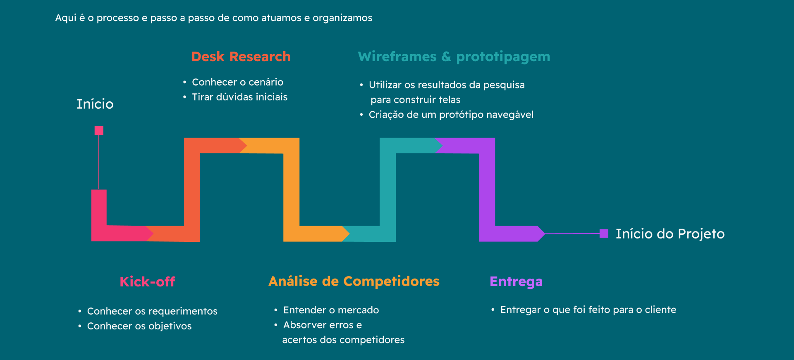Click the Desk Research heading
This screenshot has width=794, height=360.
coord(241,57)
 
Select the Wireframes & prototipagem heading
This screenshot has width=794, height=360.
coord(454,57)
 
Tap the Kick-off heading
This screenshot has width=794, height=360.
coord(147,282)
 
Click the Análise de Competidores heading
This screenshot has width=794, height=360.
coord(354,281)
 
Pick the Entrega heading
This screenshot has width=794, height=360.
coord(516,281)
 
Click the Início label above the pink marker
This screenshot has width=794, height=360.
coord(95,104)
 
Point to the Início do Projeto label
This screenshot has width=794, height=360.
coord(670,234)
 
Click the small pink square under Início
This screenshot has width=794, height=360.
coord(99,131)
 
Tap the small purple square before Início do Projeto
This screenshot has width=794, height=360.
coord(604,234)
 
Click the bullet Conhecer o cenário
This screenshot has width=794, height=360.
coord(237,82)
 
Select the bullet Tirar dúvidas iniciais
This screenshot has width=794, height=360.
coord(239,97)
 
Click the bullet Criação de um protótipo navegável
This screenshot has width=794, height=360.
coord(451,114)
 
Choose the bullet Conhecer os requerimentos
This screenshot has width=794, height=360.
coord(152,311)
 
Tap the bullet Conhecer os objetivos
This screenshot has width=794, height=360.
coord(139,326)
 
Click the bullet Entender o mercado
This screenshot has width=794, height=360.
coord(331,310)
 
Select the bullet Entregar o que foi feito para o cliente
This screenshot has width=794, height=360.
coord(588,310)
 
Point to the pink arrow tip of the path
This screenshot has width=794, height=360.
coord(150,234)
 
